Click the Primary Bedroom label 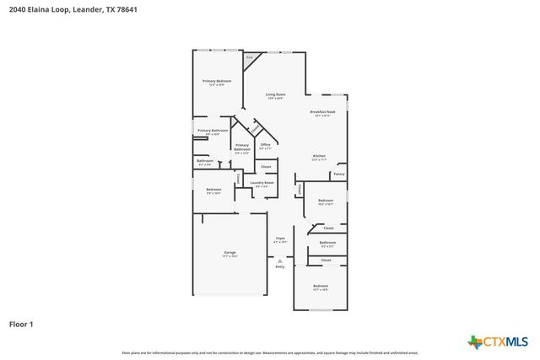click(217, 82)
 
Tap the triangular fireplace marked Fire click(250, 61)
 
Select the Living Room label click(275, 94)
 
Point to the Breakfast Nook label click(322, 112)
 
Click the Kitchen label click(319, 156)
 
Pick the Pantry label click(338, 174)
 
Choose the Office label click(265, 145)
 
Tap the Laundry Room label click(262, 183)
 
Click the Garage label click(229, 253)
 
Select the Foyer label click(280, 239)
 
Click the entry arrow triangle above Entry click(279, 261)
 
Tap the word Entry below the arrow click(279, 266)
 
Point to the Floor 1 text click(21, 324)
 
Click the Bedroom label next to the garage click(213, 190)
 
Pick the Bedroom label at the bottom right click(320, 287)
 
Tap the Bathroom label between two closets click(327, 243)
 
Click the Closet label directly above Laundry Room click(265, 166)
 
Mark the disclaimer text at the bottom click(270, 352)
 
